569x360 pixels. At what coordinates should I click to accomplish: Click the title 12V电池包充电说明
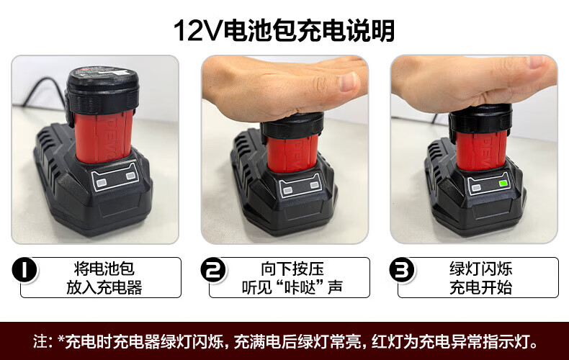[x=284, y=30]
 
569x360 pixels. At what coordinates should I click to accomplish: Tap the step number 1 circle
[x=24, y=269]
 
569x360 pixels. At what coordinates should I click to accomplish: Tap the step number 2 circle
[x=213, y=269]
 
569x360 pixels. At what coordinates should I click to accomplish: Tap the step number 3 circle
[x=402, y=269]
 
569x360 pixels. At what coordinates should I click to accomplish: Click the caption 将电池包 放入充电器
[x=104, y=278]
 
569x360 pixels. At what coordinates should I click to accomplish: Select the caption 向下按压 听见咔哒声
[x=292, y=278]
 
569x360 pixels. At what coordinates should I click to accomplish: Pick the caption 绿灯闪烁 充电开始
[x=481, y=278]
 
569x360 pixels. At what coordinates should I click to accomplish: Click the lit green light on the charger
[x=503, y=184]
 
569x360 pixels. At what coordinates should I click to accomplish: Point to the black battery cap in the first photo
[x=102, y=90]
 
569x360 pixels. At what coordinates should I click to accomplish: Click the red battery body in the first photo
[x=104, y=136]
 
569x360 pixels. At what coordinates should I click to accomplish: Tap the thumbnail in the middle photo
[x=348, y=81]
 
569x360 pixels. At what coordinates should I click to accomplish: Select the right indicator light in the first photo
[x=130, y=176]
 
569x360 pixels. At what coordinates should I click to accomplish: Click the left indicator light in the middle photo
[x=287, y=191]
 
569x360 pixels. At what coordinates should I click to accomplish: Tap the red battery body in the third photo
[x=482, y=150]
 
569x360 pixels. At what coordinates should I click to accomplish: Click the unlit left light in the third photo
[x=476, y=188]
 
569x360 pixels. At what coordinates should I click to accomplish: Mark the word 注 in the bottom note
[x=40, y=341]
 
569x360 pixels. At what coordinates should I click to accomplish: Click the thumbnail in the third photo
[x=540, y=62]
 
